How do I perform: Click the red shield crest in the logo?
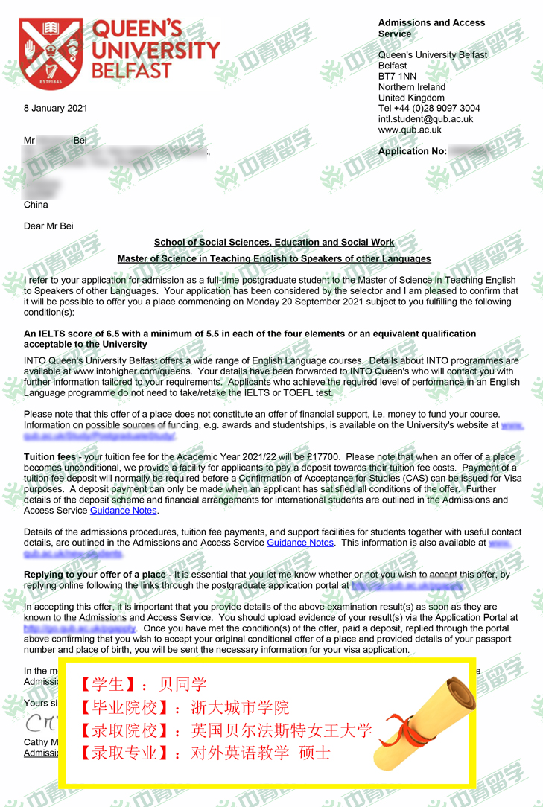click(50, 48)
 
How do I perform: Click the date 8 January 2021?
click(56, 109)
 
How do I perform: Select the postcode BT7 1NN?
click(397, 77)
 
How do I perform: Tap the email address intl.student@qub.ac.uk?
click(425, 119)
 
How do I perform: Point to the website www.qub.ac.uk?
click(410, 130)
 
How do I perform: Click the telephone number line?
click(429, 109)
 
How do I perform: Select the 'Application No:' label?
click(413, 151)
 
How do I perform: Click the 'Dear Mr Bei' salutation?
click(48, 226)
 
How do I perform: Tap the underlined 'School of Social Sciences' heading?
click(274, 243)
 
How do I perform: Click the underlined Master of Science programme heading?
click(274, 259)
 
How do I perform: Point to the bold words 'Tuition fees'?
click(50, 456)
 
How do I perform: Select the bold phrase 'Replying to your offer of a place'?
click(95, 575)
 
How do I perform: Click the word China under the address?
click(36, 205)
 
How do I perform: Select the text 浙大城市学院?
click(241, 707)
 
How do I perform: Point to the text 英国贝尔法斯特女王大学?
click(281, 730)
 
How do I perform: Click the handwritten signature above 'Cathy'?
click(37, 722)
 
